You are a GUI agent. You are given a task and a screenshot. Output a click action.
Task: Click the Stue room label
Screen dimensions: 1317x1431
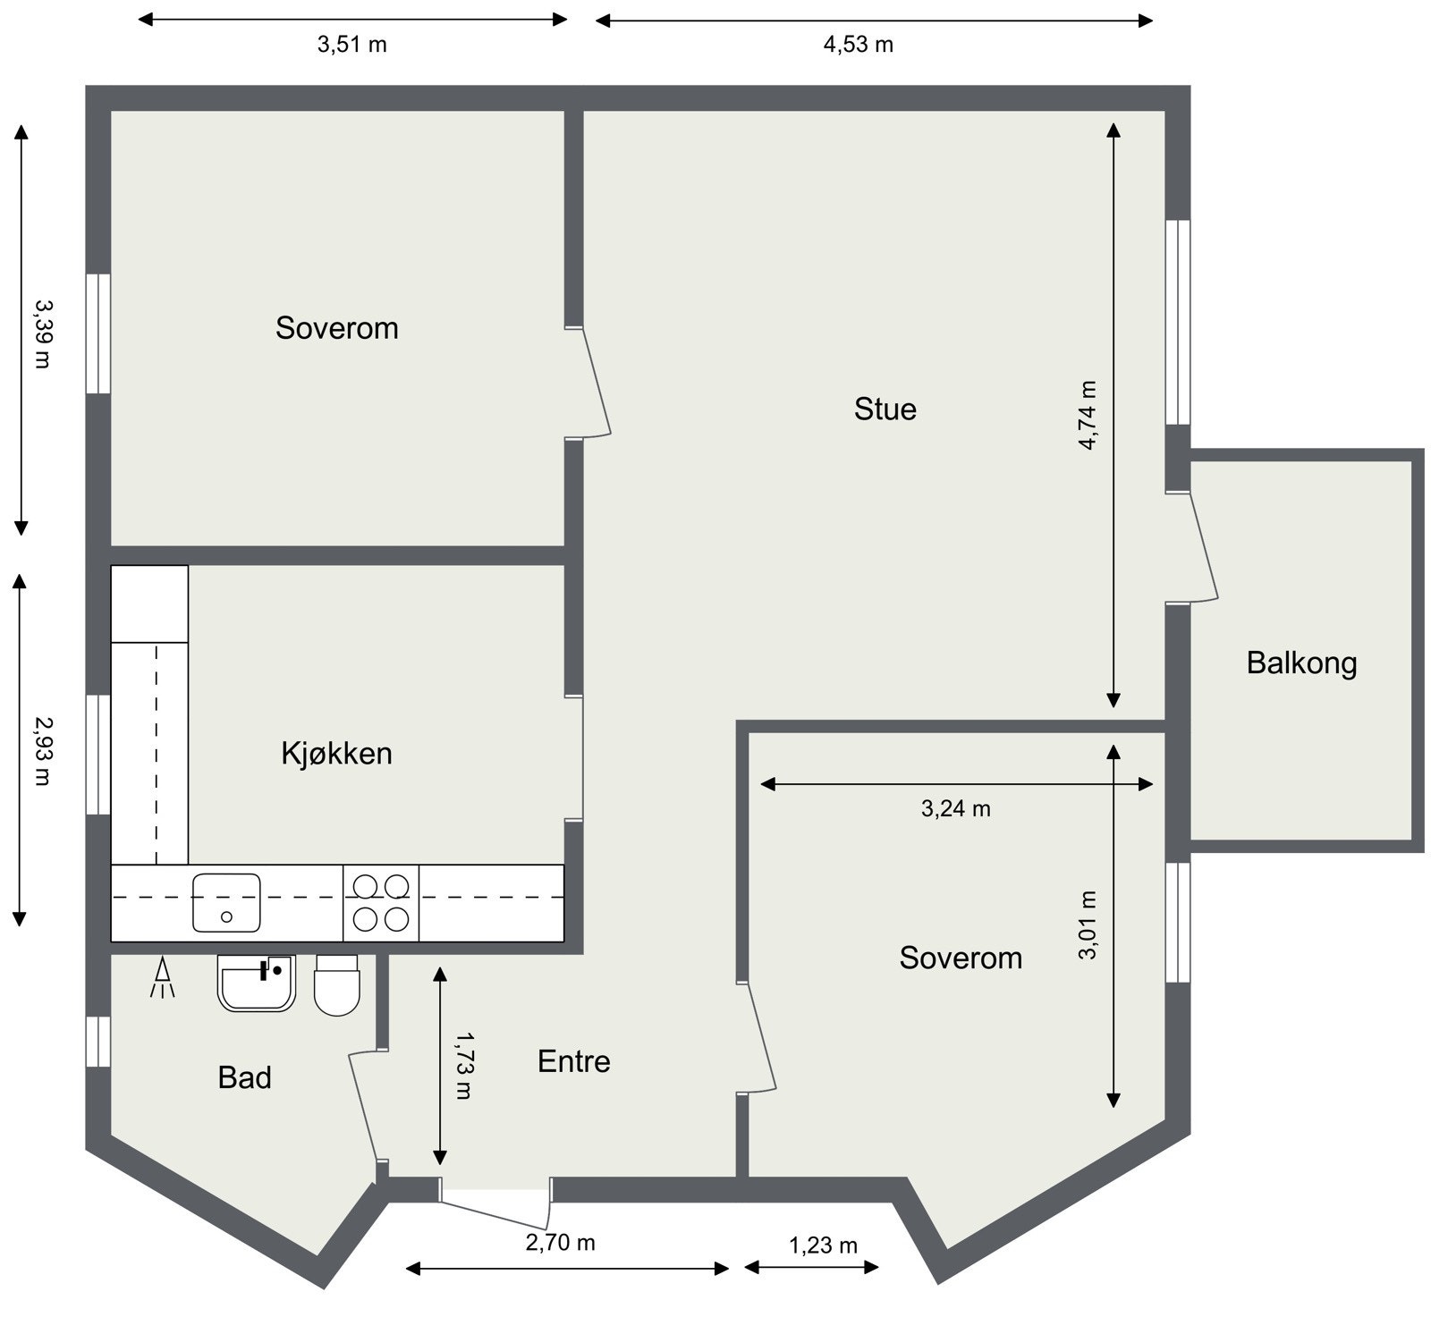[885, 409]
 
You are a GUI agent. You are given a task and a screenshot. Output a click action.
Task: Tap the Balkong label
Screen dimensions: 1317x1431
[1301, 663]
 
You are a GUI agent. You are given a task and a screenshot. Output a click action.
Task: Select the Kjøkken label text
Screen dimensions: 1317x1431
[336, 754]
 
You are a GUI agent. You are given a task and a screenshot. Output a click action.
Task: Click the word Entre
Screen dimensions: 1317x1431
[573, 1061]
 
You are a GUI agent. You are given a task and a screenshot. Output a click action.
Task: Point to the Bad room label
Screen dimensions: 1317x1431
[244, 1077]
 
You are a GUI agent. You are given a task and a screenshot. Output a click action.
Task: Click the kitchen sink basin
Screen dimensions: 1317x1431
[226, 902]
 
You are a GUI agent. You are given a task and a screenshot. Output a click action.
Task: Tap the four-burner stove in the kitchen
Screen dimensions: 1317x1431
[381, 902]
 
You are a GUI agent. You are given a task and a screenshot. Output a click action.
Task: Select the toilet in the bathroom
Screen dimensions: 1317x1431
[336, 985]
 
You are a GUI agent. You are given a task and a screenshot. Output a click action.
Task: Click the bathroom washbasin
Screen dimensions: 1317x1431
[256, 984]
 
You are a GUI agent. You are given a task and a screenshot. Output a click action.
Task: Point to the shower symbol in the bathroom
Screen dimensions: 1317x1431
[163, 978]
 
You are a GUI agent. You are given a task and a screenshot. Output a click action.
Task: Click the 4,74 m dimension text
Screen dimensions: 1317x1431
[1087, 415]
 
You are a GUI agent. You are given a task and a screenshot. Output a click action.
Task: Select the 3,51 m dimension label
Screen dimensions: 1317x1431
[351, 45]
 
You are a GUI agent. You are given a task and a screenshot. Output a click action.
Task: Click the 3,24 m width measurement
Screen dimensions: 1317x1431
[955, 809]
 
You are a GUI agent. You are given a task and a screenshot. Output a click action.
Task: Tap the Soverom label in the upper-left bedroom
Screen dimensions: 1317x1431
[336, 328]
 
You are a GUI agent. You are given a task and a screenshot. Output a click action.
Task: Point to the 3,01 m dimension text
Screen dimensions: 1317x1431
[1088, 924]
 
